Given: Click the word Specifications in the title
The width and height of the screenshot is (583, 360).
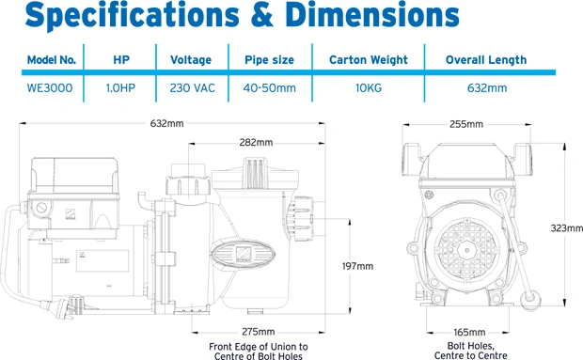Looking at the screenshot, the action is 132,16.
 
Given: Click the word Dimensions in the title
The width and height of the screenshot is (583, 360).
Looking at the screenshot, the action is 372,15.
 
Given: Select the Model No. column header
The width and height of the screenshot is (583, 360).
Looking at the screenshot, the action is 52,60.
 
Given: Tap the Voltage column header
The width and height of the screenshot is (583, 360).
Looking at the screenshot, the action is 191,60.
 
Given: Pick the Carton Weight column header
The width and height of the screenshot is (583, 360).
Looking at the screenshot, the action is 369,60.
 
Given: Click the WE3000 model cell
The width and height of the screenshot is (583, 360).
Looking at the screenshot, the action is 50,88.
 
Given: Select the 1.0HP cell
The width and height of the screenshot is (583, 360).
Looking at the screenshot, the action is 120,88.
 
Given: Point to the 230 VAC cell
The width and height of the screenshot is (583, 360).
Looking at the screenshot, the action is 192,88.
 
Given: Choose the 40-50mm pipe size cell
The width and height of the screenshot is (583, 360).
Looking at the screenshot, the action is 270,88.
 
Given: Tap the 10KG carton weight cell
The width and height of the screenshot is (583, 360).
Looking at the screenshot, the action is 369,88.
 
